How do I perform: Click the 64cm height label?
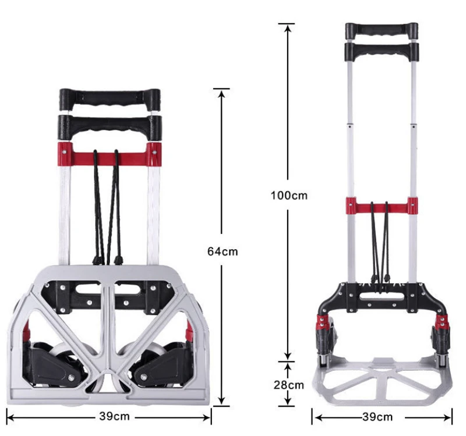point(223,251)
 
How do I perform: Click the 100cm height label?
point(288,195)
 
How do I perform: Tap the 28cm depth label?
point(288,385)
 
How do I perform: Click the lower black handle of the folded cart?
point(110,124)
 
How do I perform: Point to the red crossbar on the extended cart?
point(382,205)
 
